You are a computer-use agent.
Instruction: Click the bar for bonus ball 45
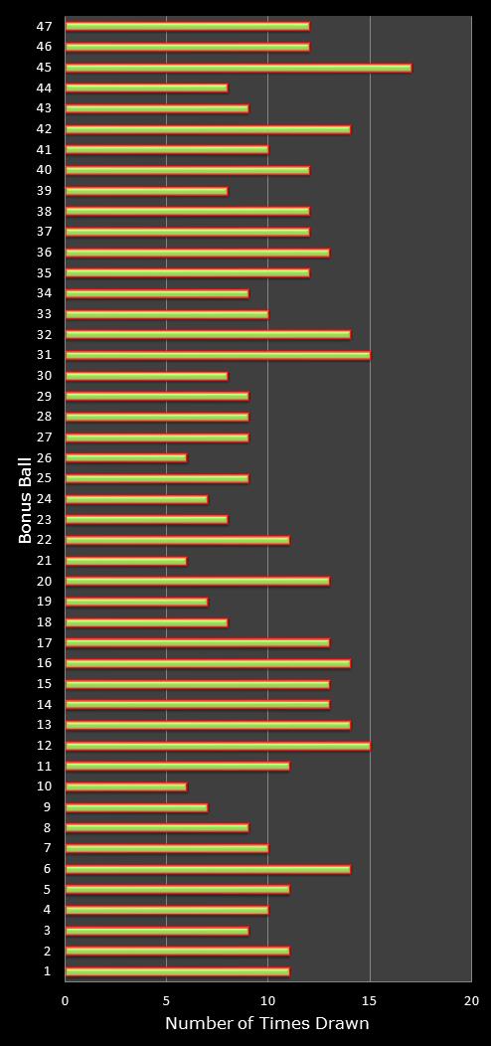click(x=239, y=68)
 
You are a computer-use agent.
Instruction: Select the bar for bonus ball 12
click(x=218, y=745)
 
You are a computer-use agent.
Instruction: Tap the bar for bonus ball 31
click(x=218, y=355)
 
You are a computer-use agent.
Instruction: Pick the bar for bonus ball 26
click(x=126, y=457)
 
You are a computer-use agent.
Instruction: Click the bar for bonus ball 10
click(x=126, y=786)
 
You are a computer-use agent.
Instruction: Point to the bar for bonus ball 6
click(x=208, y=869)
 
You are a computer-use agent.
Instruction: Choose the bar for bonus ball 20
click(x=198, y=581)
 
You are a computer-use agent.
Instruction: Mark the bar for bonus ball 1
click(x=178, y=971)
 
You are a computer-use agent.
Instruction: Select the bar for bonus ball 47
click(x=188, y=26)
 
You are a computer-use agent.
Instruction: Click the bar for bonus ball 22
click(x=178, y=540)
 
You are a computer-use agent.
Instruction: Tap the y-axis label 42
click(x=45, y=128)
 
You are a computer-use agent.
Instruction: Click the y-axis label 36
click(x=45, y=253)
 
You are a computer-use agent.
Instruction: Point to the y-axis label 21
click(x=45, y=561)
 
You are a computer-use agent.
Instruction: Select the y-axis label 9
click(x=48, y=806)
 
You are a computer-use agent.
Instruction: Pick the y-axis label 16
click(x=45, y=663)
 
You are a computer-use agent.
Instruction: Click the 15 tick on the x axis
click(x=370, y=1000)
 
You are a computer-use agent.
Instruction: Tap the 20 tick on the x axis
click(x=472, y=1000)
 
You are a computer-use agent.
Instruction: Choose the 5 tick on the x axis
click(x=166, y=1000)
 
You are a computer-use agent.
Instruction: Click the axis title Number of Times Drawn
click(x=266, y=1023)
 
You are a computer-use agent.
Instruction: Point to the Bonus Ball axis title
click(x=25, y=500)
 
